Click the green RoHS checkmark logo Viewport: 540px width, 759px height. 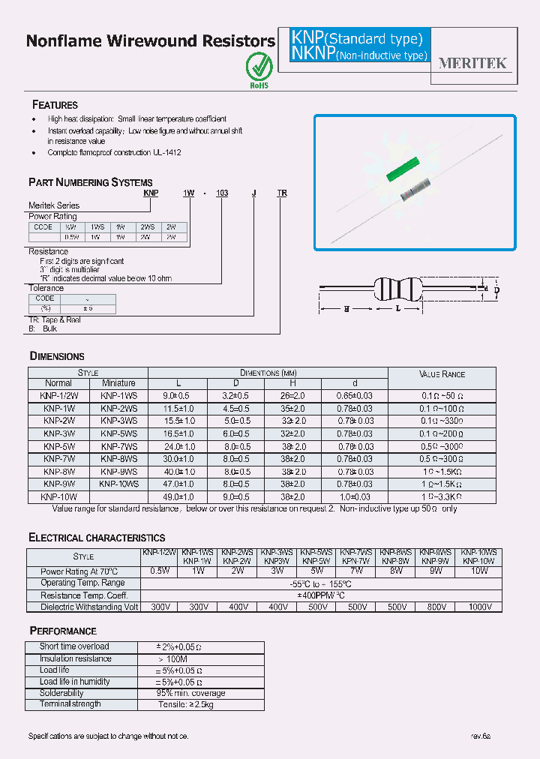click(x=259, y=67)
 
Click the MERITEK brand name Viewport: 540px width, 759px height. click(x=472, y=64)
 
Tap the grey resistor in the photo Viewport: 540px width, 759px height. click(x=417, y=190)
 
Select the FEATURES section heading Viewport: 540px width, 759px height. click(x=55, y=105)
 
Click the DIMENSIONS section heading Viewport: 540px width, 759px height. click(x=56, y=356)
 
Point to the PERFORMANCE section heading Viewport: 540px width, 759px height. click(x=63, y=631)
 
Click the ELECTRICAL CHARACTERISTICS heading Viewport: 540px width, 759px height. click(x=97, y=538)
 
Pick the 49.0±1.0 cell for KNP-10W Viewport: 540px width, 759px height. click(x=178, y=496)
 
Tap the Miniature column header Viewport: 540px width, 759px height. click(x=118, y=382)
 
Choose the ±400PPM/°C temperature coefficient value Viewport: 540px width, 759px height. click(x=320, y=595)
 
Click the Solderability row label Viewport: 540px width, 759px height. click(x=61, y=693)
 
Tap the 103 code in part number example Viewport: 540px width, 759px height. click(x=221, y=193)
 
